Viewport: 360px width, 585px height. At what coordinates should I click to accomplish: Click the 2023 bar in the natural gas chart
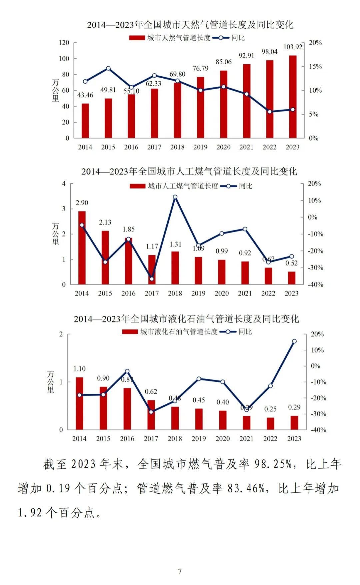pos(293,97)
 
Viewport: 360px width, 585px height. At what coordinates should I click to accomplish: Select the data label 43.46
pos(85,95)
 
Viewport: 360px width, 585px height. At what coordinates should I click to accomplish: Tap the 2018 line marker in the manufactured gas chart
pos(175,197)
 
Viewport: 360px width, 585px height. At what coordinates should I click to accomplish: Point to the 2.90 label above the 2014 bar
pos(82,203)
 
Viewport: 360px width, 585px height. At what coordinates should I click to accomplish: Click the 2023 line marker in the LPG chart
pos(294,341)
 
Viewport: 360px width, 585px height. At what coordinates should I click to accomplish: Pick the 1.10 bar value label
pos(79,369)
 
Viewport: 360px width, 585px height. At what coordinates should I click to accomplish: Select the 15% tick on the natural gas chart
pos(315,67)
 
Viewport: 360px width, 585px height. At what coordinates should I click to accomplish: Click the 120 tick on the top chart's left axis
pos(64,43)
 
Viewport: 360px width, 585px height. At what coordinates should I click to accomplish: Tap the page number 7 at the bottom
pos(180,571)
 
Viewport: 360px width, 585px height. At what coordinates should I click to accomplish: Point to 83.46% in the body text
pos(246,488)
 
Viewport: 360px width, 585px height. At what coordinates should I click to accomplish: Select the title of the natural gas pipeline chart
pos(190,25)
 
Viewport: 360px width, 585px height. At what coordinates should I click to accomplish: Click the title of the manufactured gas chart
pos(189,172)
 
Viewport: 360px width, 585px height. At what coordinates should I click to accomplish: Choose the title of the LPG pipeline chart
pos(186,319)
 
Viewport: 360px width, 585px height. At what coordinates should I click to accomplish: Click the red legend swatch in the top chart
pos(137,38)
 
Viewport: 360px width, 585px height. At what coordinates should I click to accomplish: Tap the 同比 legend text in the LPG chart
pos(245,332)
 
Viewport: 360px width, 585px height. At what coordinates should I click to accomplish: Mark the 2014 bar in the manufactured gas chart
pos(82,248)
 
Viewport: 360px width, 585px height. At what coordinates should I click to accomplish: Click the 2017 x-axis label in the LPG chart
pos(151,439)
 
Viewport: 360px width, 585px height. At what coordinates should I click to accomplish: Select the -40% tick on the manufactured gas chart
pos(315,285)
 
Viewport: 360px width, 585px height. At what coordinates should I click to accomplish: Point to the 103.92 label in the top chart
pos(293,47)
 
